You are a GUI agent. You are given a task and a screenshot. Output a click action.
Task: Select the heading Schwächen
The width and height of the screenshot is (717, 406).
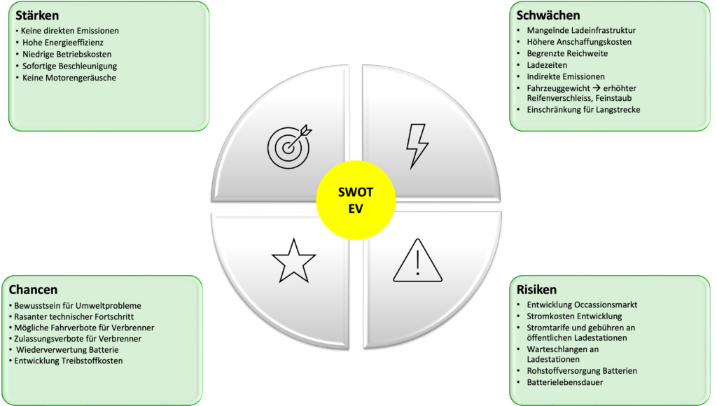548,15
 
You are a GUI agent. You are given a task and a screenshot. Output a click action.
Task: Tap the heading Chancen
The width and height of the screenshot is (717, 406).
33,289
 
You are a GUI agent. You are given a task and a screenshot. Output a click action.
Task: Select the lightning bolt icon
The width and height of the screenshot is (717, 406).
417,146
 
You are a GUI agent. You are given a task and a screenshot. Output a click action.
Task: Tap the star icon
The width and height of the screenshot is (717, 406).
294,260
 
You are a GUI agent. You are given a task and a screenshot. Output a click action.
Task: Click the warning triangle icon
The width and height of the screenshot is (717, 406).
417,262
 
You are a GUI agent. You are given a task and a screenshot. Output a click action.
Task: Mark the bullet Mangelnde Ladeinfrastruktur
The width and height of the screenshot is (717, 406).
581,31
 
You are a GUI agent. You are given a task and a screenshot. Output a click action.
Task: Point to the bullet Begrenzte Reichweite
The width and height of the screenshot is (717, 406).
567,53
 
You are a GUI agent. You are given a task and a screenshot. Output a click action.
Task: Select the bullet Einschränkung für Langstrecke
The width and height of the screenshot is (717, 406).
583,110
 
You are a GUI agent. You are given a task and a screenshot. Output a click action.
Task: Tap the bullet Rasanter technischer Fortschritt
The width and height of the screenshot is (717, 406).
77,316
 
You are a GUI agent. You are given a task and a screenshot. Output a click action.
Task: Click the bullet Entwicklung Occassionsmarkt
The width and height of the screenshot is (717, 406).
582,304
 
